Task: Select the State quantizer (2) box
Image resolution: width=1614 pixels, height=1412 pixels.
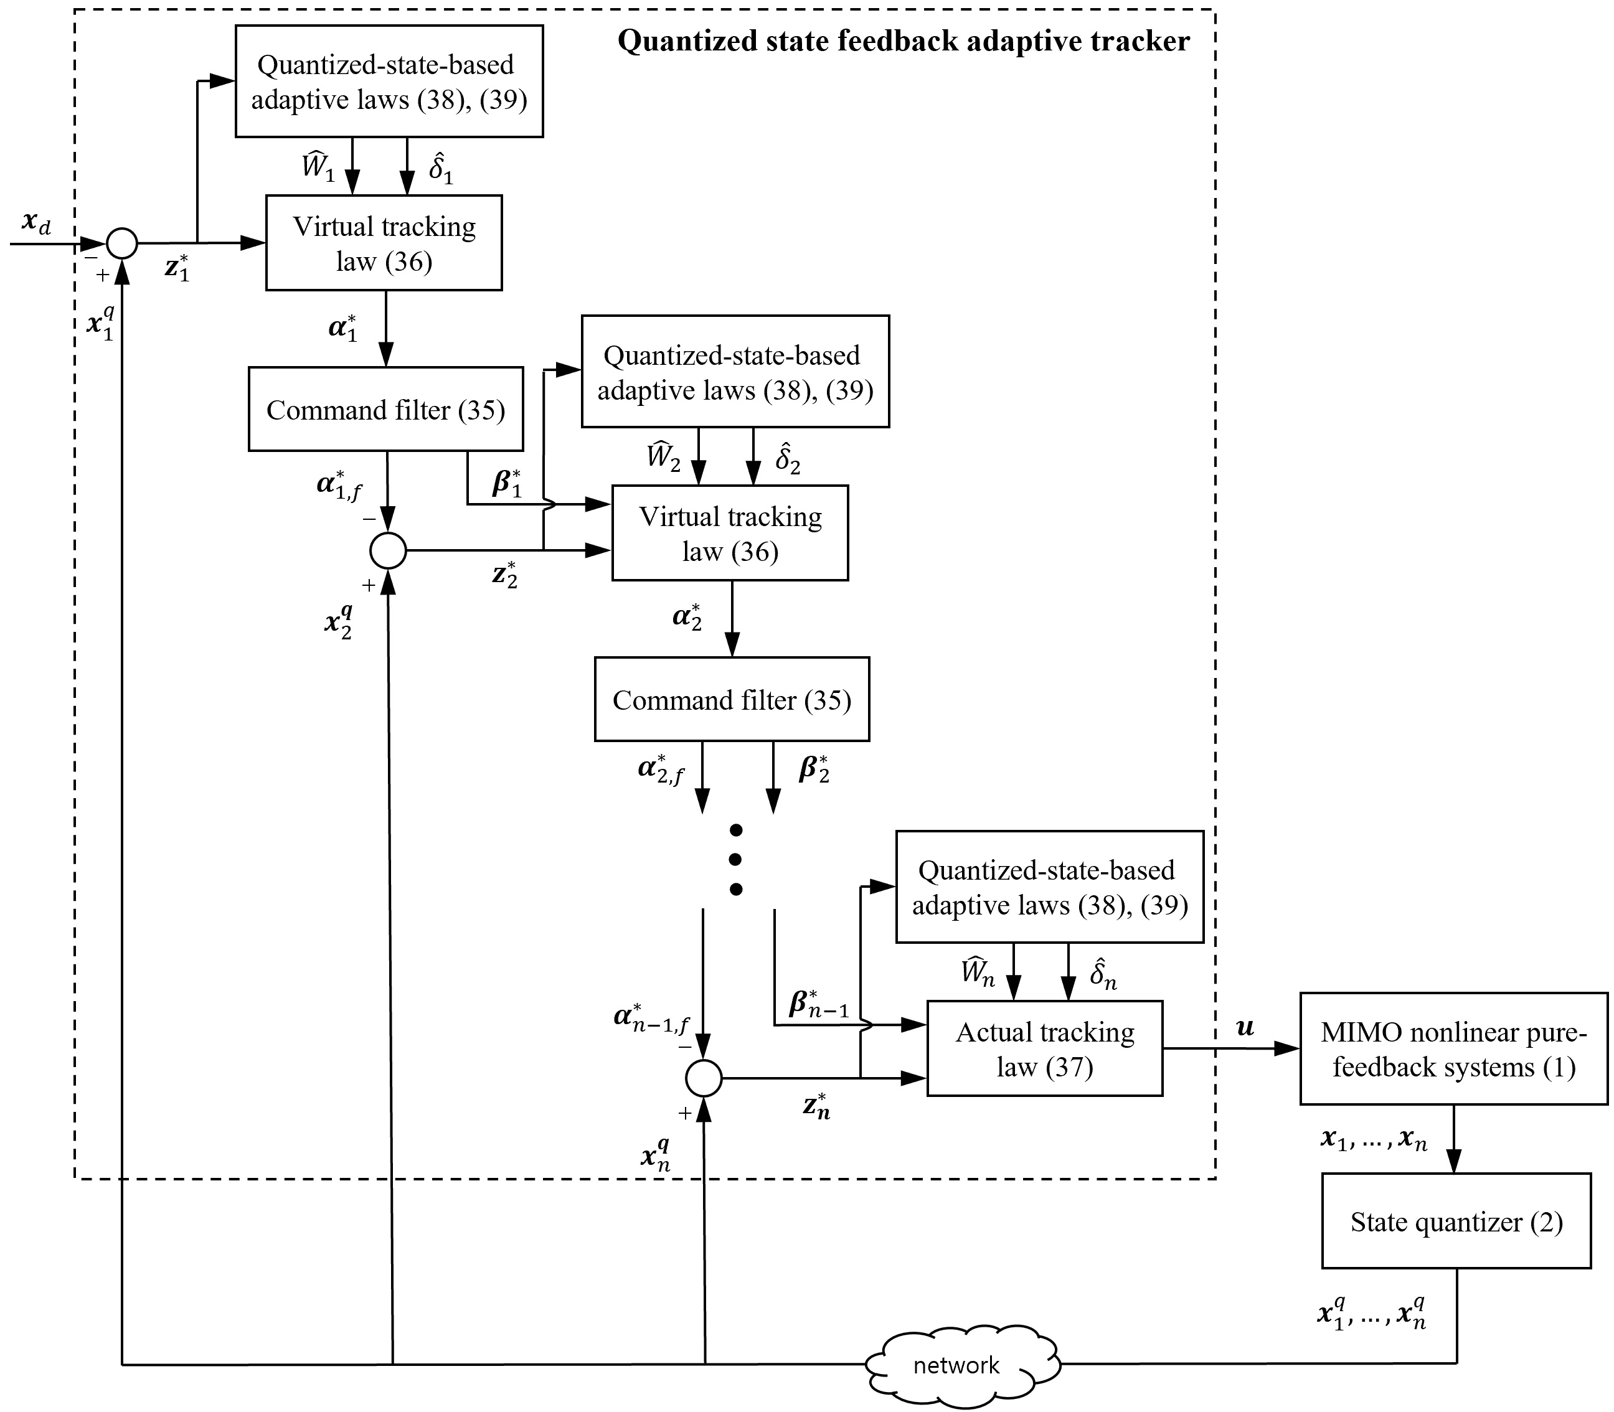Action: [1456, 1221]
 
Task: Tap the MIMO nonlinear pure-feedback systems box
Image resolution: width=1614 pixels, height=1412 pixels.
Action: [1453, 1049]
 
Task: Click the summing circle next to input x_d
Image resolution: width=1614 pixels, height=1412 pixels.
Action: [122, 243]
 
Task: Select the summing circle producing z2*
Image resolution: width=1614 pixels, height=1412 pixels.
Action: [388, 550]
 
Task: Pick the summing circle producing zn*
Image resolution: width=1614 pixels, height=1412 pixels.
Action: [704, 1078]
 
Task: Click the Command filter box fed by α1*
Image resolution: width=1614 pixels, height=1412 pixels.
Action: [385, 410]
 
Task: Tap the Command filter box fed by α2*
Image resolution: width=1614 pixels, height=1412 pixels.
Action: [731, 700]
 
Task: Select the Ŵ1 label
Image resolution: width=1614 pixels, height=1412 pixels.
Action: [319, 169]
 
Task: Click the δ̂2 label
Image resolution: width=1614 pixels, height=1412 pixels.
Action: [787, 459]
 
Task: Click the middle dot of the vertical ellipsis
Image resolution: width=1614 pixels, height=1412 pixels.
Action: [736, 860]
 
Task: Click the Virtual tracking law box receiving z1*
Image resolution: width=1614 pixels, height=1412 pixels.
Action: [384, 243]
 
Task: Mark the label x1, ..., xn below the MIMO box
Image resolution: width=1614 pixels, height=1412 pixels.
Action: [1374, 1140]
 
